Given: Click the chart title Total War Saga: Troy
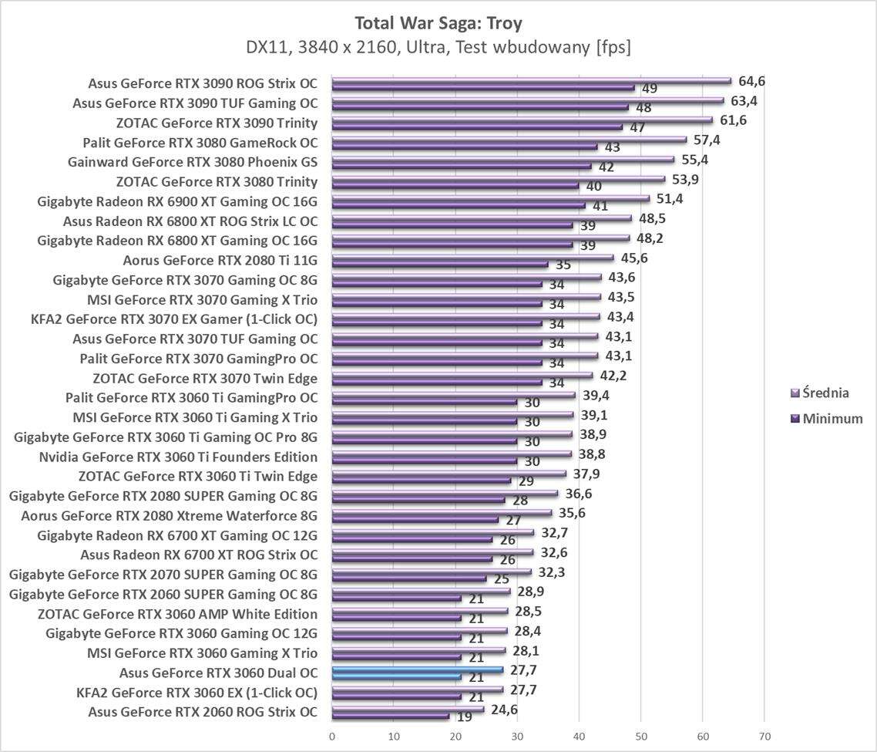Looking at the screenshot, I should click(438, 21).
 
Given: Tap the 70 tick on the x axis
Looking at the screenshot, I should click(764, 736).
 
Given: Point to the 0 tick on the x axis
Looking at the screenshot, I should click(332, 736).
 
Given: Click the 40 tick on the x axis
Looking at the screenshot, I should click(580, 736).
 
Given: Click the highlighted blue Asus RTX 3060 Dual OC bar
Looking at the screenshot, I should click(417, 670).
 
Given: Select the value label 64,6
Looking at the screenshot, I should click(751, 81).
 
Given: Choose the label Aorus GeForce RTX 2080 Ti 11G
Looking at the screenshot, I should click(220, 260).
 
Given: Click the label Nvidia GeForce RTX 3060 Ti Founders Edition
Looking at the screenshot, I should click(178, 457).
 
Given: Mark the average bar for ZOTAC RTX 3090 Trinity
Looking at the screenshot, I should click(522, 120).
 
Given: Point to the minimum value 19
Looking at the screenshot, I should click(465, 718).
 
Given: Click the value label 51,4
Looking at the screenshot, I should click(669, 199).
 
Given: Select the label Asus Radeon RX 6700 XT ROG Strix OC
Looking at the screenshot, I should click(199, 555).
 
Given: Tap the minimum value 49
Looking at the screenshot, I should click(650, 89).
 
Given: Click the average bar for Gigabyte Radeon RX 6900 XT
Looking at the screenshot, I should click(490, 198).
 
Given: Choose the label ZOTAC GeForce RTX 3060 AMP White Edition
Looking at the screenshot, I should click(177, 614).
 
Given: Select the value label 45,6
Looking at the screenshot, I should click(633, 258).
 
